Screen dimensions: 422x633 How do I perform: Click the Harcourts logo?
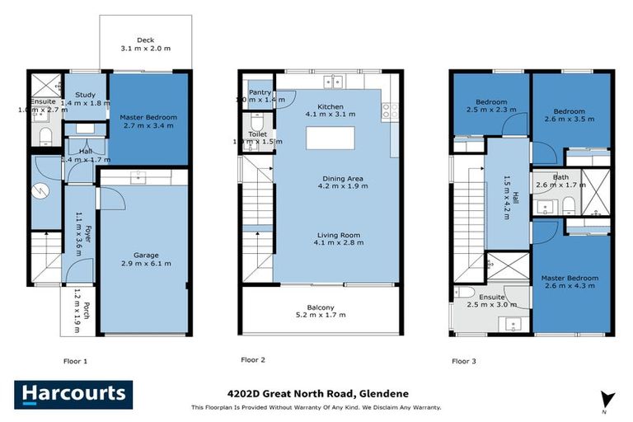click(x=72, y=394)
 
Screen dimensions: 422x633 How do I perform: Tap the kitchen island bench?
click(x=330, y=138)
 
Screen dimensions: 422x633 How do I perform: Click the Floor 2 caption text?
click(x=252, y=360)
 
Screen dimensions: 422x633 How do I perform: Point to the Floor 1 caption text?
click(x=75, y=361)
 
